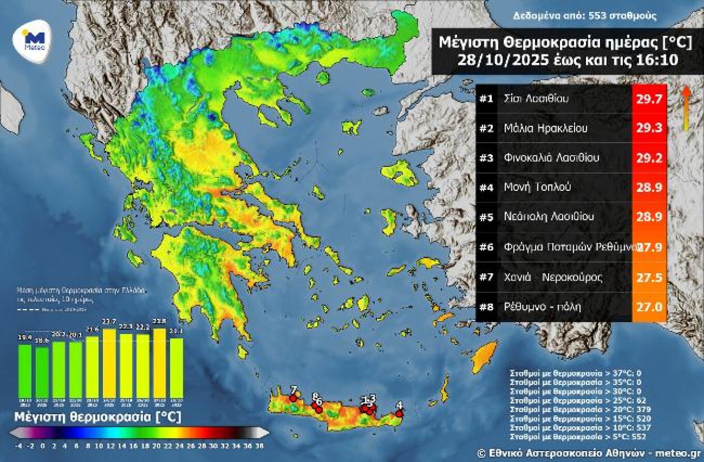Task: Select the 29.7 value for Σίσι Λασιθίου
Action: tap(649, 99)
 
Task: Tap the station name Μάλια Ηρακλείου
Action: tap(545, 128)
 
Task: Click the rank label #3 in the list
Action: tap(486, 158)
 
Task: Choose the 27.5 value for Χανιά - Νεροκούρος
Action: tap(649, 277)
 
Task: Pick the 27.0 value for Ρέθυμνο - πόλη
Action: tap(649, 307)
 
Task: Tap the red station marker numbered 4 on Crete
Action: tap(399, 413)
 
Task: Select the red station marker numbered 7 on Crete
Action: tap(293, 398)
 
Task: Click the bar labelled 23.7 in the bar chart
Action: tap(110, 363)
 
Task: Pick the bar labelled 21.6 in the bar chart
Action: tap(93, 367)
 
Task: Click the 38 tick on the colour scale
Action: tap(259, 445)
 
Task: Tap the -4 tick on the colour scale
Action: tap(19, 445)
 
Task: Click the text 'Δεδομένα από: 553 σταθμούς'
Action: tap(584, 16)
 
